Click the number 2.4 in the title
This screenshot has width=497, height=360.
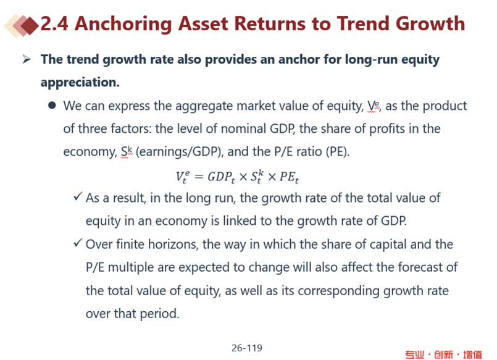[x=54, y=23]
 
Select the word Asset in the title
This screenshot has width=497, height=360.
[x=203, y=23]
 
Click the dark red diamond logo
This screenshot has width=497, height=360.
[x=30, y=25]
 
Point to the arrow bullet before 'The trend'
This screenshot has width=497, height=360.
[x=27, y=59]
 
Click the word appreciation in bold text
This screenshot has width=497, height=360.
[x=80, y=82]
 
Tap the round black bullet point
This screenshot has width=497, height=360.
[x=52, y=105]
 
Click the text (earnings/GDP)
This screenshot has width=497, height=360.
[x=180, y=152]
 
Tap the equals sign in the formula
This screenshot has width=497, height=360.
[x=199, y=177]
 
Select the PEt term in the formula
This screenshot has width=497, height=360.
[x=289, y=177]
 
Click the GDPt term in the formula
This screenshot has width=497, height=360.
[x=221, y=177]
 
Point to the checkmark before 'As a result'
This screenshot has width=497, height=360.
[x=78, y=196]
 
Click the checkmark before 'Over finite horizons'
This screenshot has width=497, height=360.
[x=78, y=243]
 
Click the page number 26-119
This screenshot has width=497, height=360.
[x=247, y=348]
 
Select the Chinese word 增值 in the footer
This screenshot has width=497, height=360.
[x=472, y=354]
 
